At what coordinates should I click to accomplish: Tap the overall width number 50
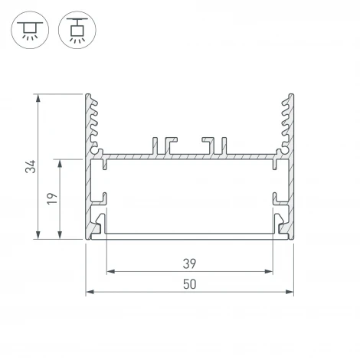click(189, 283)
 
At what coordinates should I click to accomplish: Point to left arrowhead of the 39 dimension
click(108, 271)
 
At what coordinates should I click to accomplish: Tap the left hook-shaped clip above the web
click(166, 146)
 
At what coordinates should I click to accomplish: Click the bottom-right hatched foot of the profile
click(284, 228)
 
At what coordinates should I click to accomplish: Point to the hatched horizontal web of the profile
click(189, 156)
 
